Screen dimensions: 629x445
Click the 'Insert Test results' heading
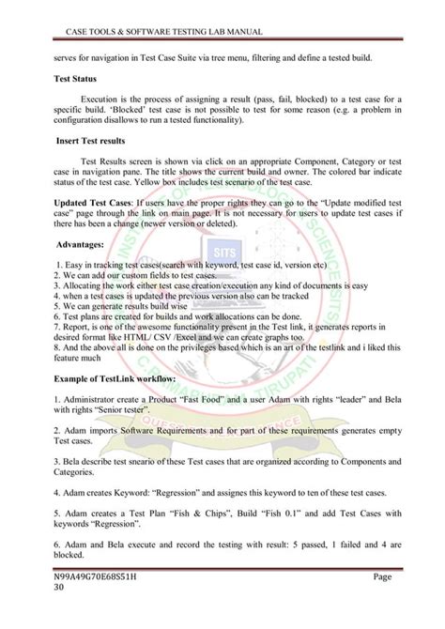point(88,140)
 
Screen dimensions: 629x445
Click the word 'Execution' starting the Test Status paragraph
point(103,99)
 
